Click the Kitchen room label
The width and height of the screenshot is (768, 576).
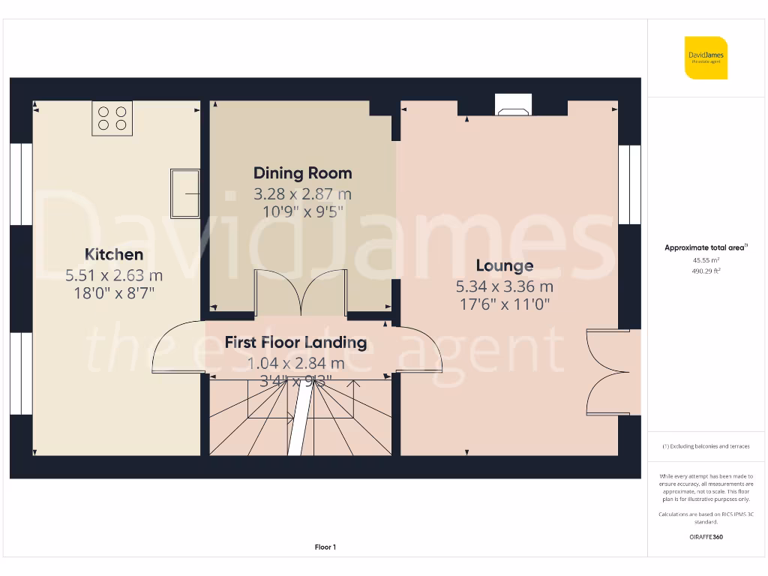tap(114, 254)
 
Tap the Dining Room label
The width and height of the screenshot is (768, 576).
tap(302, 173)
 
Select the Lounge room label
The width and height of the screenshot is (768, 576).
tap(505, 265)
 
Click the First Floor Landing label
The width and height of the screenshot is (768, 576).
tap(295, 343)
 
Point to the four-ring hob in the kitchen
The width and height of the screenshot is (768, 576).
tap(112, 118)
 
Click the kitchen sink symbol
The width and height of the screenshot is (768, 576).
tap(184, 193)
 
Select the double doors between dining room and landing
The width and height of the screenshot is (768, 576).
tap(301, 293)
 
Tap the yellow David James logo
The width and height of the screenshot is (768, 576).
tap(706, 58)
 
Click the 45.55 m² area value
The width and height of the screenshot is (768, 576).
tap(706, 259)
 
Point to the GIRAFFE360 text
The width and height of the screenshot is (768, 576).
tap(706, 537)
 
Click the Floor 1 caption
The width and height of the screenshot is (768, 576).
tap(325, 547)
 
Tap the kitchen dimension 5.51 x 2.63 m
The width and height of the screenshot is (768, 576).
tap(114, 275)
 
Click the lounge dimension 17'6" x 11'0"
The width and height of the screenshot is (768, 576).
tap(504, 304)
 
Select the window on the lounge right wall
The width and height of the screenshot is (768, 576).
tap(629, 184)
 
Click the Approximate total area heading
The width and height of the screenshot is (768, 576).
tap(706, 247)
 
